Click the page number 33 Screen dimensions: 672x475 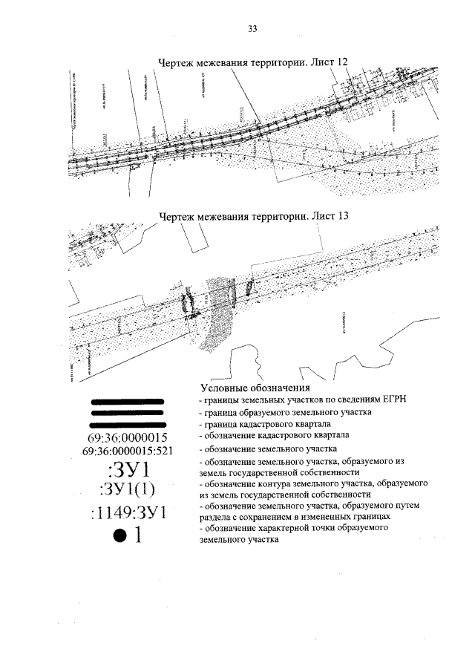point(252,29)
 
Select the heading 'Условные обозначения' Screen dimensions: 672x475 point(255,388)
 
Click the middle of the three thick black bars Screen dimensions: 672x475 point(126,414)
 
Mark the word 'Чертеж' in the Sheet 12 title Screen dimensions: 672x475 point(177,62)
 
